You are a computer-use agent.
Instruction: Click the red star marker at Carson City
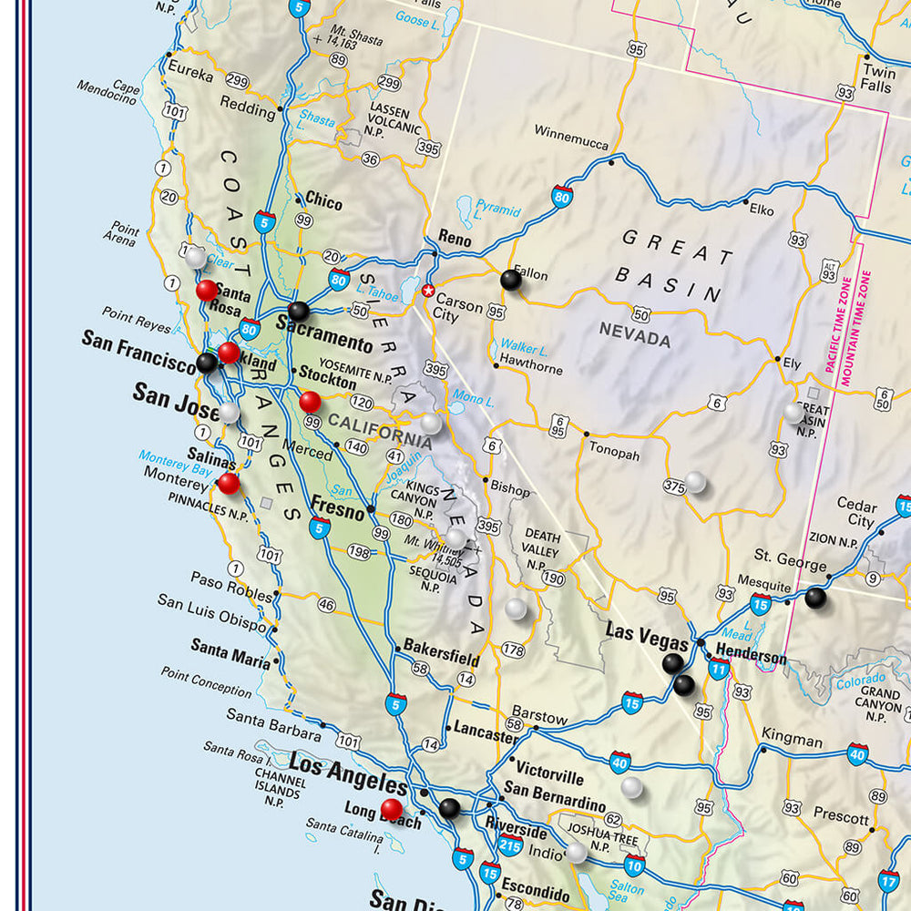pyautogui.click(x=428, y=291)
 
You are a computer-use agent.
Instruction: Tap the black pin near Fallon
pyautogui.click(x=511, y=281)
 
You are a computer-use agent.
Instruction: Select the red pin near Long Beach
pyautogui.click(x=392, y=809)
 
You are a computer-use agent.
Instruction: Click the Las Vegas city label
pyautogui.click(x=647, y=636)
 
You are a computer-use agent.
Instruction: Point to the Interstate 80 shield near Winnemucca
pyautogui.click(x=562, y=195)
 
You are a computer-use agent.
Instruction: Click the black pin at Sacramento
pyautogui.click(x=299, y=312)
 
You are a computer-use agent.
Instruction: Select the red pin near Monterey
pyautogui.click(x=229, y=484)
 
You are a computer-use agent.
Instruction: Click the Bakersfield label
pyautogui.click(x=442, y=657)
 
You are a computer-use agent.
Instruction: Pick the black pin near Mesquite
pyautogui.click(x=815, y=598)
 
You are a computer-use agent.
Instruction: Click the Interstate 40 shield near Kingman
pyautogui.click(x=856, y=753)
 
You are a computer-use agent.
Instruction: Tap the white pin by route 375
pyautogui.click(x=695, y=482)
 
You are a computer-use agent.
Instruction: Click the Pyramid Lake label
pyautogui.click(x=497, y=211)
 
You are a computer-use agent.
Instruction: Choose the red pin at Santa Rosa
pyautogui.click(x=207, y=290)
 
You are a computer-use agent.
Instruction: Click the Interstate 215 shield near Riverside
pyautogui.click(x=510, y=846)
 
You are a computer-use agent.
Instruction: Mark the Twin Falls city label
pyautogui.click(x=878, y=78)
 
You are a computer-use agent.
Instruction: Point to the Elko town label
pyautogui.click(x=761, y=210)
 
